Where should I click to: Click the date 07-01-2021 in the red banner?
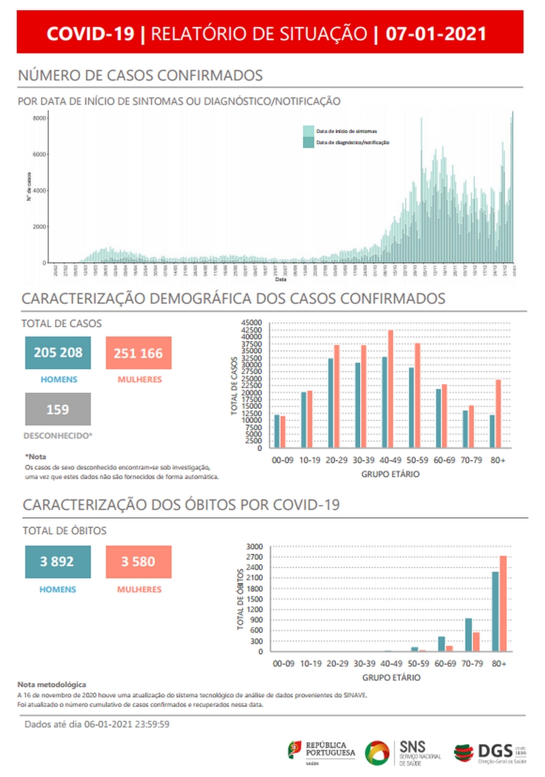(436, 34)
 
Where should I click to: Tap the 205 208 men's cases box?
(58, 353)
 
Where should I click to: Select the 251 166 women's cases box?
(138, 353)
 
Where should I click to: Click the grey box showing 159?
(58, 409)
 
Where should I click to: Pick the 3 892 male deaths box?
(58, 561)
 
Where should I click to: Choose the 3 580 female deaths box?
(138, 561)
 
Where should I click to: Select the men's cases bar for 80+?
(492, 431)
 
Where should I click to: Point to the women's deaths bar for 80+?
(503, 604)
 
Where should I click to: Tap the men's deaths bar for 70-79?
(468, 635)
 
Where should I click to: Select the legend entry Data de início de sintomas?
(347, 130)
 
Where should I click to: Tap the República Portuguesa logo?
(322, 751)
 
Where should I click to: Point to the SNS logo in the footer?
(403, 751)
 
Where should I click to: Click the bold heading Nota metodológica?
(52, 684)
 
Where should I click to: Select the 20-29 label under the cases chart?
(337, 460)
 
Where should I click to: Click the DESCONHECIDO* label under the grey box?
(58, 436)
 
